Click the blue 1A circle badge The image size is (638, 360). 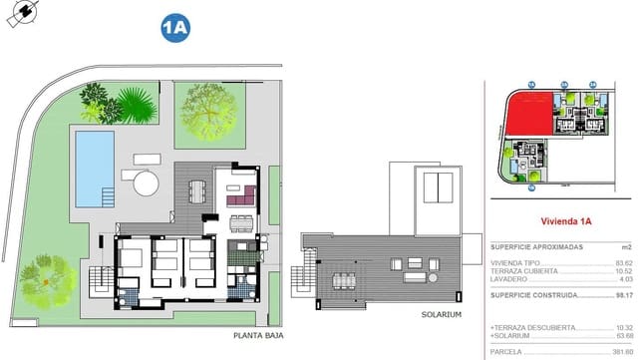tap(174, 29)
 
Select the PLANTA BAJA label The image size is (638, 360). tap(255, 336)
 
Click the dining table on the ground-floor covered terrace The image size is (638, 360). tap(196, 189)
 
